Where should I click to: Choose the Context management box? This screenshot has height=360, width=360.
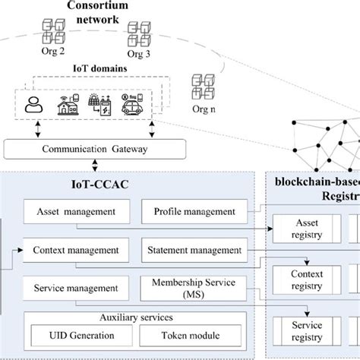(75, 249)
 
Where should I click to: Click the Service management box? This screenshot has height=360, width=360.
(75, 288)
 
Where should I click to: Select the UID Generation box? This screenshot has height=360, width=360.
(76, 335)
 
